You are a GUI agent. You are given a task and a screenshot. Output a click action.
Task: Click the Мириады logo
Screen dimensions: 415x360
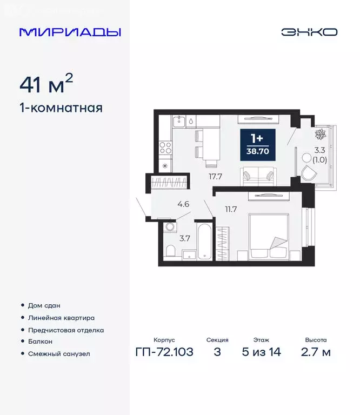70,32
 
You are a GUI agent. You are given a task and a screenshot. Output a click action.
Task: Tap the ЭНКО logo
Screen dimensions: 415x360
309,32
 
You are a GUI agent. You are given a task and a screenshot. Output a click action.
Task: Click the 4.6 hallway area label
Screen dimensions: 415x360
183,204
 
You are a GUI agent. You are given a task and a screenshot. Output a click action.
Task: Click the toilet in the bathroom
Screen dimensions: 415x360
170,251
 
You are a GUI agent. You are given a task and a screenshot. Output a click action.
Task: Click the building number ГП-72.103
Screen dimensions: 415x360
164,353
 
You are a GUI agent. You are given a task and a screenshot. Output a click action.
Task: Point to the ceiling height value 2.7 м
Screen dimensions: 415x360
315,353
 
